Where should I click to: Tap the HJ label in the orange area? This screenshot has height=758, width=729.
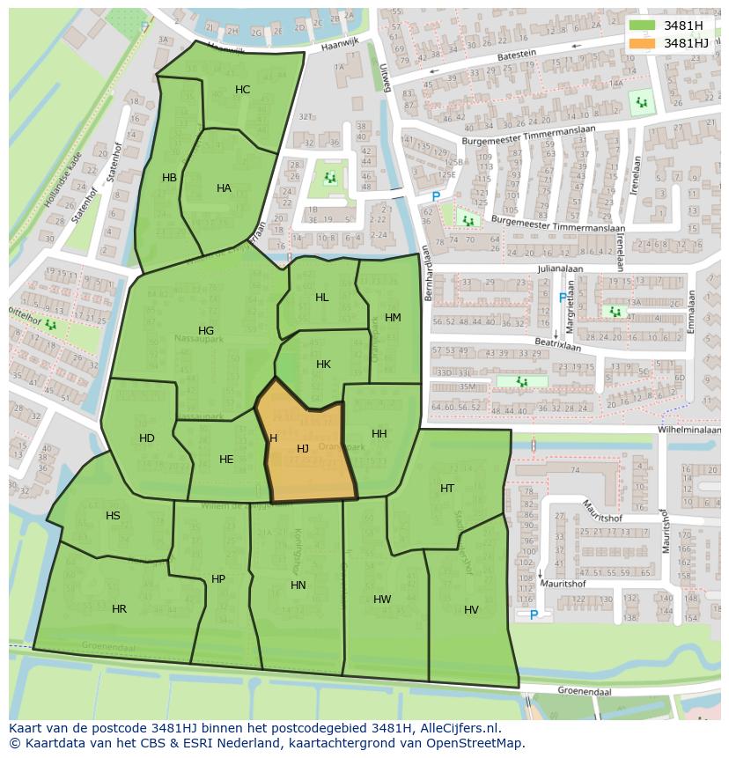[302, 449]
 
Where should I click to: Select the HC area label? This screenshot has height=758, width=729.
[242, 90]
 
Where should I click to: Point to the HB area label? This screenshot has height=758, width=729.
[169, 178]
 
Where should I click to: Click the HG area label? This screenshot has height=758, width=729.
[206, 331]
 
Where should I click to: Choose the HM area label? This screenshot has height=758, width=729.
[393, 318]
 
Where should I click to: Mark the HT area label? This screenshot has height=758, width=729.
[447, 489]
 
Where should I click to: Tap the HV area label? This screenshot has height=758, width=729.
[471, 610]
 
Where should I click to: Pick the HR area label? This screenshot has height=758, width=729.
[119, 609]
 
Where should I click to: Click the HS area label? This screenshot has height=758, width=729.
[113, 516]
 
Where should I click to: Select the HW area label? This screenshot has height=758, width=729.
[382, 600]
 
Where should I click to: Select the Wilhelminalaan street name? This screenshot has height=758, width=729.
[691, 430]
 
